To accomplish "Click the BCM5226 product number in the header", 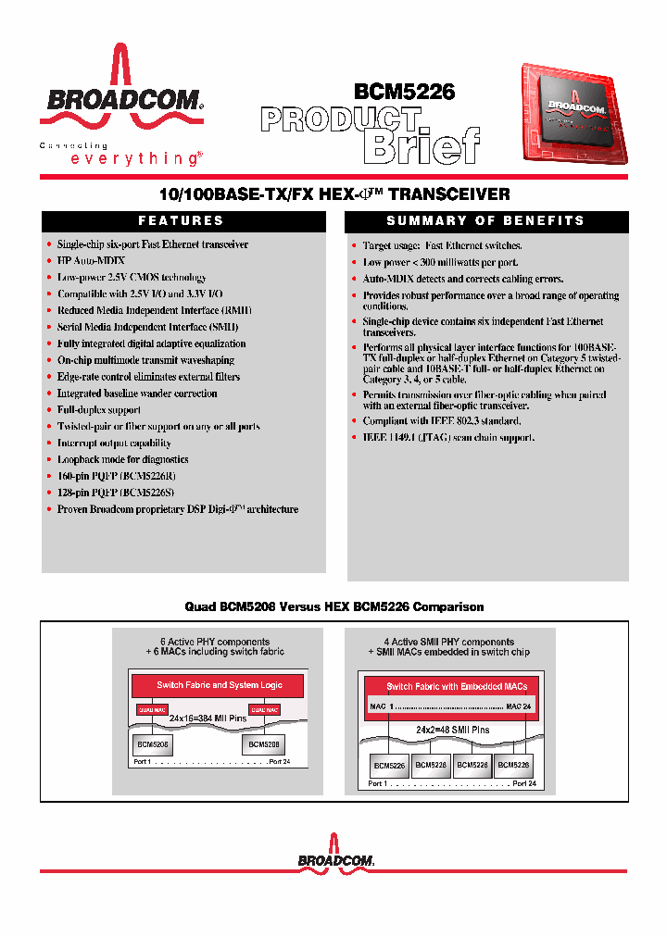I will tap(405, 92).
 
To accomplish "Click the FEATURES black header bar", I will tap(182, 221).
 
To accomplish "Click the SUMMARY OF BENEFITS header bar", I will tap(485, 221).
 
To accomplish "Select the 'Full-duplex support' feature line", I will tap(99, 410).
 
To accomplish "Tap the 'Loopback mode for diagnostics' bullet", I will tap(122, 459).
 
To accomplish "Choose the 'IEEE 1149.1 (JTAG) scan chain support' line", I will tap(448, 437).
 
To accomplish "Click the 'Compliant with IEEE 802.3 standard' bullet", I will tap(441, 420).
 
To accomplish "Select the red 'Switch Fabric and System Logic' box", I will tap(219, 685).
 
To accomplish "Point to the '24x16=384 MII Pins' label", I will tap(213, 718).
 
